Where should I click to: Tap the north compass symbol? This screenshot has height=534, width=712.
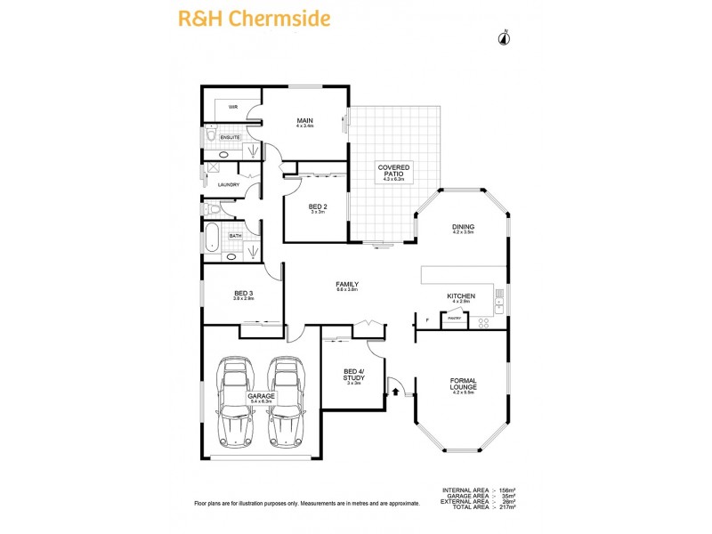505,37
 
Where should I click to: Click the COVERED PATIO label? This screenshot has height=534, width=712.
392,172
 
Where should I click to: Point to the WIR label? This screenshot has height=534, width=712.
233,107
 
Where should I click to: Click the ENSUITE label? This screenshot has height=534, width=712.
231,137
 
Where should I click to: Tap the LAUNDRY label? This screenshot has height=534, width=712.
229,185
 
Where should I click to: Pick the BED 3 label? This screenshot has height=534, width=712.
244,295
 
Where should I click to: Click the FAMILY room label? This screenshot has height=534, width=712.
346,285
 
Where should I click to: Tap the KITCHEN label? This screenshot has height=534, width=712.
460,297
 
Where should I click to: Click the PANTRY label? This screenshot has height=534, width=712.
453,318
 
